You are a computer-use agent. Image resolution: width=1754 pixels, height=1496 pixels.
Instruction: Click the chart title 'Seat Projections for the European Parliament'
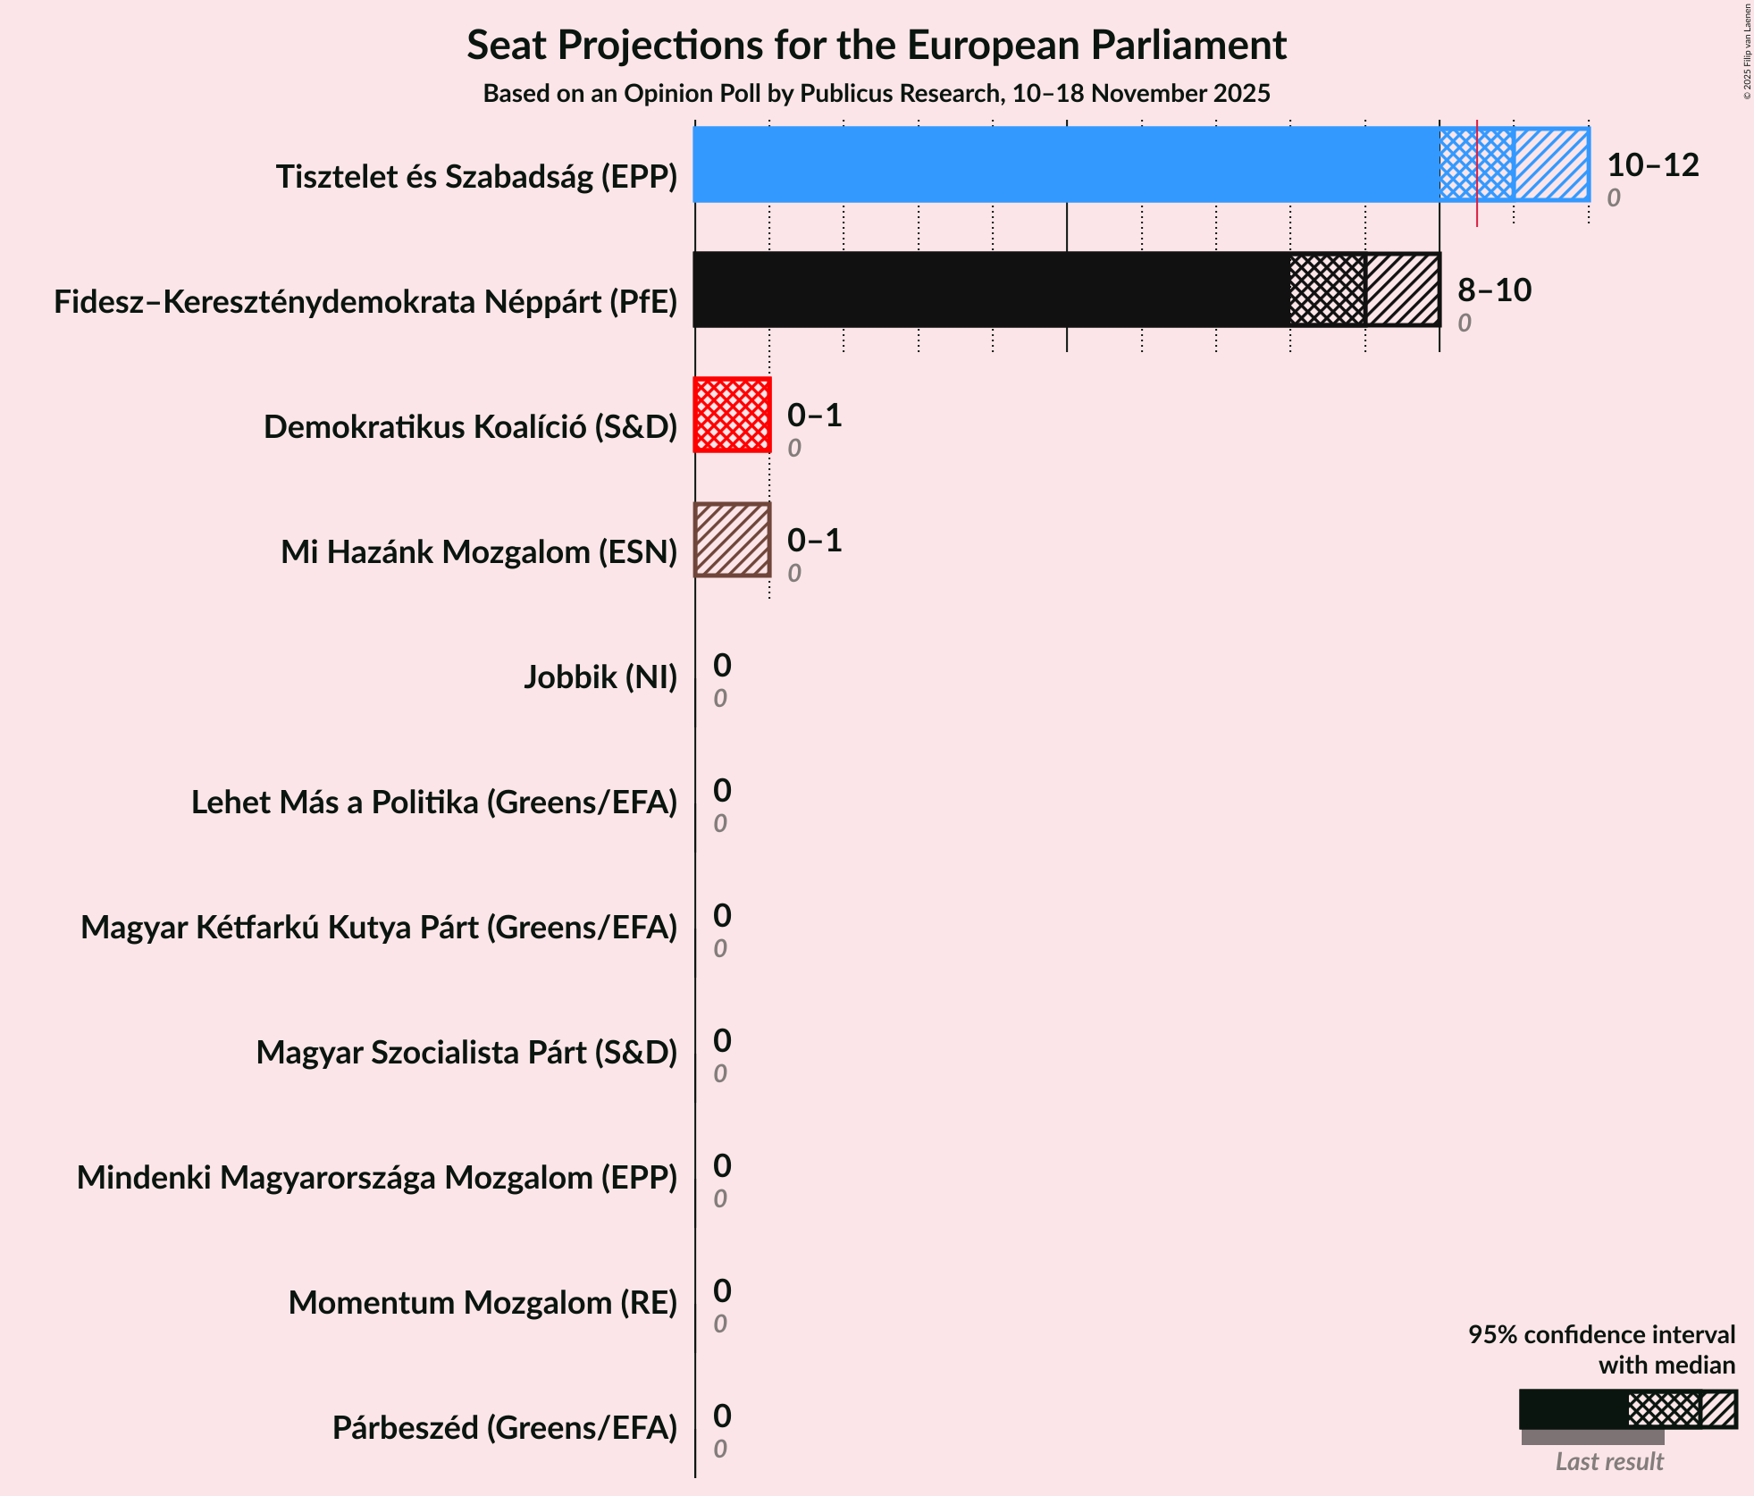click(876, 45)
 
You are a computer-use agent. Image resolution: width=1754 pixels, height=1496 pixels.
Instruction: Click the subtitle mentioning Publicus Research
click(876, 93)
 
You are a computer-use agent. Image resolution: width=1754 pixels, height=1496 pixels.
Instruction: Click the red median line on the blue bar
click(1477, 170)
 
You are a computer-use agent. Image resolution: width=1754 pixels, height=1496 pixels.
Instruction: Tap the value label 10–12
click(1652, 164)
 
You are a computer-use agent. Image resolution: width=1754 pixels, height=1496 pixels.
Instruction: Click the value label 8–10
click(1494, 290)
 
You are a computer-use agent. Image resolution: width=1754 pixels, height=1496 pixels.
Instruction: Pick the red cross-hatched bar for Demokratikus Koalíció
click(733, 415)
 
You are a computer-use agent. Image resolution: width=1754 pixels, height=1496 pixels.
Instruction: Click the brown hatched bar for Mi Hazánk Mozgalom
click(733, 540)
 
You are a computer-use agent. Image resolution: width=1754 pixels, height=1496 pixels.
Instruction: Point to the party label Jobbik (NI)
click(600, 677)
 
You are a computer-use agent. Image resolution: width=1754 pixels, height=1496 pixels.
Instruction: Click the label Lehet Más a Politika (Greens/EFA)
click(434, 803)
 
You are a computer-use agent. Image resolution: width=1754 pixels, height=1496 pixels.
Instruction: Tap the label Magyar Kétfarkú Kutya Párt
click(379, 928)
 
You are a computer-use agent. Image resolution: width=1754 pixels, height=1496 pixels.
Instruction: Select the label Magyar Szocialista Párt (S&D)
click(466, 1053)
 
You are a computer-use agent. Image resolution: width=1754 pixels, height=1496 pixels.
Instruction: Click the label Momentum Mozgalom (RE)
click(483, 1303)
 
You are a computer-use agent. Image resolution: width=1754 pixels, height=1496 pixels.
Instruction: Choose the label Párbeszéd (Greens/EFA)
click(505, 1428)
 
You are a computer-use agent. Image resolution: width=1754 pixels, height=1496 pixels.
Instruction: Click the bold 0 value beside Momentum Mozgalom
click(722, 1290)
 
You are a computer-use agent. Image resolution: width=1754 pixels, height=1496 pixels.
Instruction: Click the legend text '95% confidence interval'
click(1601, 1334)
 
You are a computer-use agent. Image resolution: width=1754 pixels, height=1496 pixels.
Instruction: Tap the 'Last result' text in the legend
click(1609, 1461)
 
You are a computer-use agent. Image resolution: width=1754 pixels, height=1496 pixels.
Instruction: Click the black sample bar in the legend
click(1573, 1409)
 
